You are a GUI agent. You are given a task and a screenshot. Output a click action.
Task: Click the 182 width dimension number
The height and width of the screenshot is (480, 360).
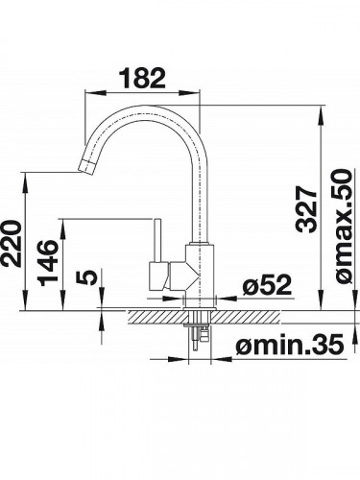click(x=142, y=78)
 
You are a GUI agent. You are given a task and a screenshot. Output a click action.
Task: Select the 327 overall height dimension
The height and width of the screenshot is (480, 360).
click(x=306, y=209)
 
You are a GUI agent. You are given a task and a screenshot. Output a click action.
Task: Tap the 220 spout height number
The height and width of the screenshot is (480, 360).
click(x=12, y=243)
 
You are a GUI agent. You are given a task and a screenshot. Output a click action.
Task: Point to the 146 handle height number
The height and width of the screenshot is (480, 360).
click(x=48, y=263)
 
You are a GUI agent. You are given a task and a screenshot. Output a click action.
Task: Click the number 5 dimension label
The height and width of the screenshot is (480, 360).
click(x=86, y=277)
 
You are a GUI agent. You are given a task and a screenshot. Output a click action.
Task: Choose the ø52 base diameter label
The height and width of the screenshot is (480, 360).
click(x=267, y=284)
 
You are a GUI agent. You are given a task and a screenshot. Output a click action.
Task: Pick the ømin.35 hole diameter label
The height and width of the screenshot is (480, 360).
click(x=290, y=345)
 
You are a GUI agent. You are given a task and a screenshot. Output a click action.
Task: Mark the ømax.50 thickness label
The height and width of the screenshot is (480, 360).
click(x=344, y=227)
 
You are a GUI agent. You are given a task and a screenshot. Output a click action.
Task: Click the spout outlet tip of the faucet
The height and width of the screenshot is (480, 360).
click(x=86, y=166)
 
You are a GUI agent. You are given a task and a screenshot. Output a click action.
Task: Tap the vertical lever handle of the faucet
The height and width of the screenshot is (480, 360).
click(x=157, y=240)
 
